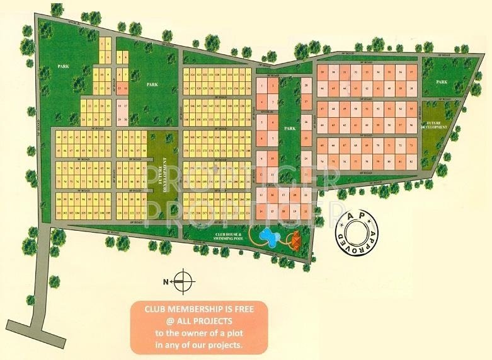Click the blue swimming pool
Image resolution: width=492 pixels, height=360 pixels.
270,236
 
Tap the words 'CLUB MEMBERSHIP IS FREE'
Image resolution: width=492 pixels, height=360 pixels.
198,310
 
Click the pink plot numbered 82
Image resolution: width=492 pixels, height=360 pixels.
411,163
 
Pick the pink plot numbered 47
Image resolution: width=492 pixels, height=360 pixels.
323,108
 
